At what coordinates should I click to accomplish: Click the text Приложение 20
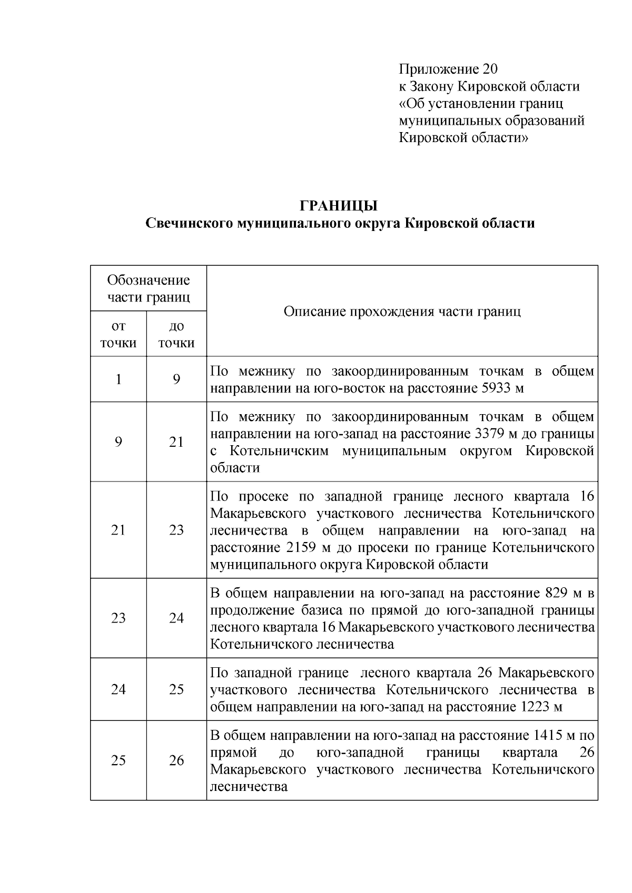click(x=448, y=69)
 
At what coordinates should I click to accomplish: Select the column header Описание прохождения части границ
click(x=402, y=312)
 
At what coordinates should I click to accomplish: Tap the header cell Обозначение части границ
click(x=149, y=288)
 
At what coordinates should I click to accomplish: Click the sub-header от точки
click(x=118, y=334)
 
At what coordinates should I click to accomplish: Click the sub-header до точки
click(x=176, y=334)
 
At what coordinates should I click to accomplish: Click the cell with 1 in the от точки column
click(x=118, y=379)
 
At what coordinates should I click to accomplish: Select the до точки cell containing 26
click(x=176, y=760)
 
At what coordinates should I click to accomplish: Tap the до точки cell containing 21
click(x=176, y=442)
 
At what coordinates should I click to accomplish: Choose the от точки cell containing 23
click(x=118, y=618)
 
